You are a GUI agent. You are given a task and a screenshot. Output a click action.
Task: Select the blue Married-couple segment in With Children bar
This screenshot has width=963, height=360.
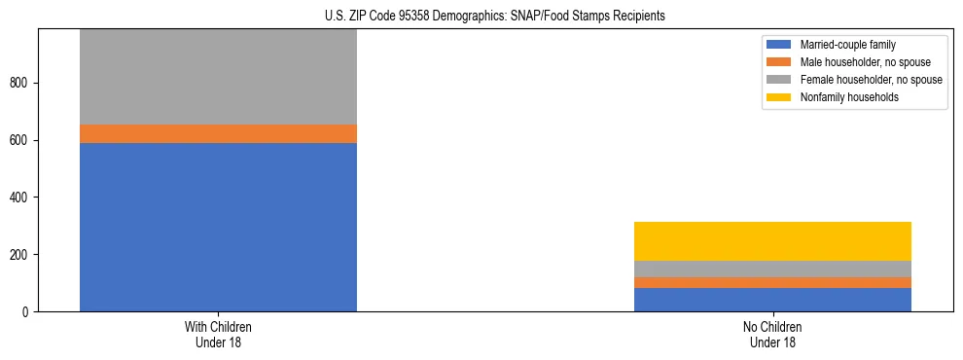(x=218, y=227)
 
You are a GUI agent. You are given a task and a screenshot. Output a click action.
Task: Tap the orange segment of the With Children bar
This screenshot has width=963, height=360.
(x=218, y=133)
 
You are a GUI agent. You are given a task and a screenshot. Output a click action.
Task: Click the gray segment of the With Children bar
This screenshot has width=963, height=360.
(x=218, y=77)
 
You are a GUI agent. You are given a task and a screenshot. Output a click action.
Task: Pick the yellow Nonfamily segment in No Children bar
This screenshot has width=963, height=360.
(x=772, y=241)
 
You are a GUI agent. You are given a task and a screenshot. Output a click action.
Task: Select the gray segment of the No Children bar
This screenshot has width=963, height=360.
(x=772, y=269)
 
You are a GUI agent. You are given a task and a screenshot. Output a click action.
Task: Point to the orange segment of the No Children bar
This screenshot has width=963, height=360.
(x=772, y=282)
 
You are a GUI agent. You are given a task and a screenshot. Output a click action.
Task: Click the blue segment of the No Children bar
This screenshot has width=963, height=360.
(x=772, y=300)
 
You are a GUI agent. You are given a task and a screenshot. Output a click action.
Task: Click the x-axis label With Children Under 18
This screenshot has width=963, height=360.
(x=218, y=335)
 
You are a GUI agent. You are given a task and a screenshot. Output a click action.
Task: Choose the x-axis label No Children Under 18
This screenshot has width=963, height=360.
(x=772, y=335)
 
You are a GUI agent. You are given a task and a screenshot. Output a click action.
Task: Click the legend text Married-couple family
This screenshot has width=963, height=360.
(x=847, y=45)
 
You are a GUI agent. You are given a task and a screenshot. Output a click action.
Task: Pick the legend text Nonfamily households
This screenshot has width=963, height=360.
(x=846, y=97)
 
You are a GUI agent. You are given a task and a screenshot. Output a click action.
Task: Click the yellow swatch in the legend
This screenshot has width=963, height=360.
(x=780, y=97)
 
